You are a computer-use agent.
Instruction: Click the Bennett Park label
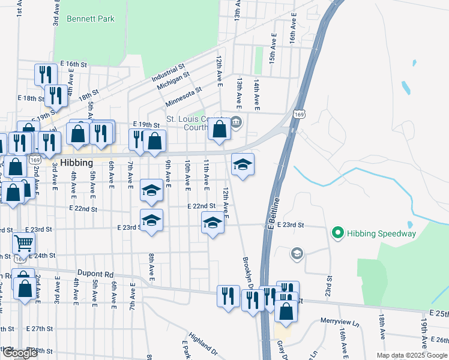pyautogui.click(x=91, y=19)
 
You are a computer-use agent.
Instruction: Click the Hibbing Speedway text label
pyautogui.click(x=381, y=233)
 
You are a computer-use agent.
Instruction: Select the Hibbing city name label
pyautogui.click(x=76, y=163)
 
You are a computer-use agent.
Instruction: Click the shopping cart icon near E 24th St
pyautogui.click(x=23, y=243)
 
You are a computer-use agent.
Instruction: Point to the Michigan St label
pyautogui.click(x=173, y=82)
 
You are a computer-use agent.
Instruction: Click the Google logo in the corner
pyautogui.click(x=20, y=353)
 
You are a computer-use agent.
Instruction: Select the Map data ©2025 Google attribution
pyautogui.click(x=412, y=355)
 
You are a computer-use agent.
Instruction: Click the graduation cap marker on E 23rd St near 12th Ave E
pyautogui.click(x=212, y=223)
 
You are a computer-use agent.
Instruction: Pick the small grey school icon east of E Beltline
pyautogui.click(x=297, y=254)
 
